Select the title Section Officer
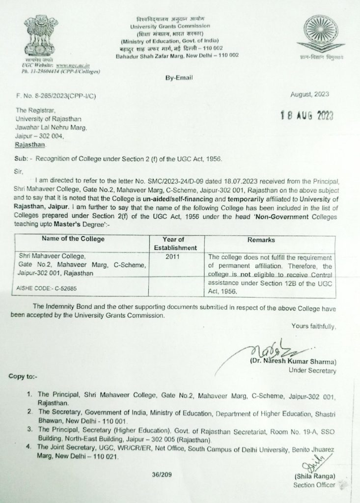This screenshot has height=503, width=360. pos(314,485)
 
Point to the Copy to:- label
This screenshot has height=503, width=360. pos(25,376)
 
